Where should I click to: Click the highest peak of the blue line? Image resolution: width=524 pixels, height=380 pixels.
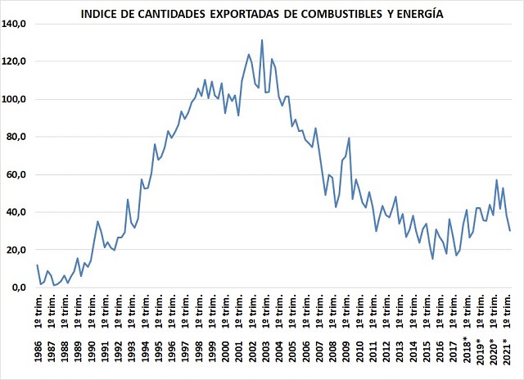click(x=262, y=40)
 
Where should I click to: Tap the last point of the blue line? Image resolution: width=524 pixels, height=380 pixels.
click(x=509, y=231)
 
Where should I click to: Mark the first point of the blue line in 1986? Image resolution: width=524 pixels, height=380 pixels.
click(x=37, y=265)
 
